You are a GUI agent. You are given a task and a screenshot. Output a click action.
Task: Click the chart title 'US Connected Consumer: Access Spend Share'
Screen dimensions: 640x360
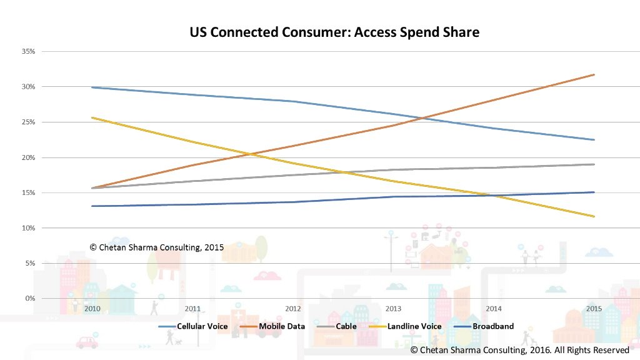click(334, 32)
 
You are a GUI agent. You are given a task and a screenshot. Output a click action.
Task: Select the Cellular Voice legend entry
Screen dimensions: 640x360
click(193, 326)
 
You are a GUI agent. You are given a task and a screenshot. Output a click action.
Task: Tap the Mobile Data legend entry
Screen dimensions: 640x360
click(272, 326)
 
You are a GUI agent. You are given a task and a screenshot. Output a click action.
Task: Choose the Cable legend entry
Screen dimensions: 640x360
click(337, 326)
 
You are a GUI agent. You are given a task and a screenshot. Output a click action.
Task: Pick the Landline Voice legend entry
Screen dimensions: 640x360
click(405, 326)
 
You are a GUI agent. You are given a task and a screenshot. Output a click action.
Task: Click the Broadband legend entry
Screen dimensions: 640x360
click(484, 326)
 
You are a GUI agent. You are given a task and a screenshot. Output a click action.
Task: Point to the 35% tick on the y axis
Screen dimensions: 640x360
click(29, 51)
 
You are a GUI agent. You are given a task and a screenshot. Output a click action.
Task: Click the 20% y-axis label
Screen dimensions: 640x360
click(29, 157)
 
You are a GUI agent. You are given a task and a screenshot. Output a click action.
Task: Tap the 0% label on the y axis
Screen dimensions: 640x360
click(30, 298)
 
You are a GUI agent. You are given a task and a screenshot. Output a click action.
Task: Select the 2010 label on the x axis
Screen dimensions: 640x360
click(92, 309)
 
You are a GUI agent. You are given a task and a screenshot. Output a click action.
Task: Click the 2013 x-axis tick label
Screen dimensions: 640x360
click(393, 309)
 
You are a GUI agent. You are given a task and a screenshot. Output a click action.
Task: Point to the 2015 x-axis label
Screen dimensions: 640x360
click(594, 309)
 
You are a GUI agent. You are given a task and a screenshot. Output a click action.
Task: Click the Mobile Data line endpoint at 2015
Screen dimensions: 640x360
click(594, 75)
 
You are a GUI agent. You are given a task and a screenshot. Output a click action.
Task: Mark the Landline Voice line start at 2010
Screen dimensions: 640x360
click(92, 117)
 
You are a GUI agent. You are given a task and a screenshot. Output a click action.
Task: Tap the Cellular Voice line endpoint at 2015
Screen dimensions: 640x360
click(594, 139)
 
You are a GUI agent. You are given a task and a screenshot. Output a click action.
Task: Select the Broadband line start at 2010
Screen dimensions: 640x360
click(92, 206)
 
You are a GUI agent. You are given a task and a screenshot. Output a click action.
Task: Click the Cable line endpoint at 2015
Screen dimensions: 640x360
click(594, 164)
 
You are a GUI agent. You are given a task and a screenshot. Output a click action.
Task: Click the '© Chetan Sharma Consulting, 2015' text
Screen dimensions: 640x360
click(157, 247)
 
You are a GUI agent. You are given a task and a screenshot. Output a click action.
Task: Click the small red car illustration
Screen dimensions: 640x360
click(87, 342)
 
